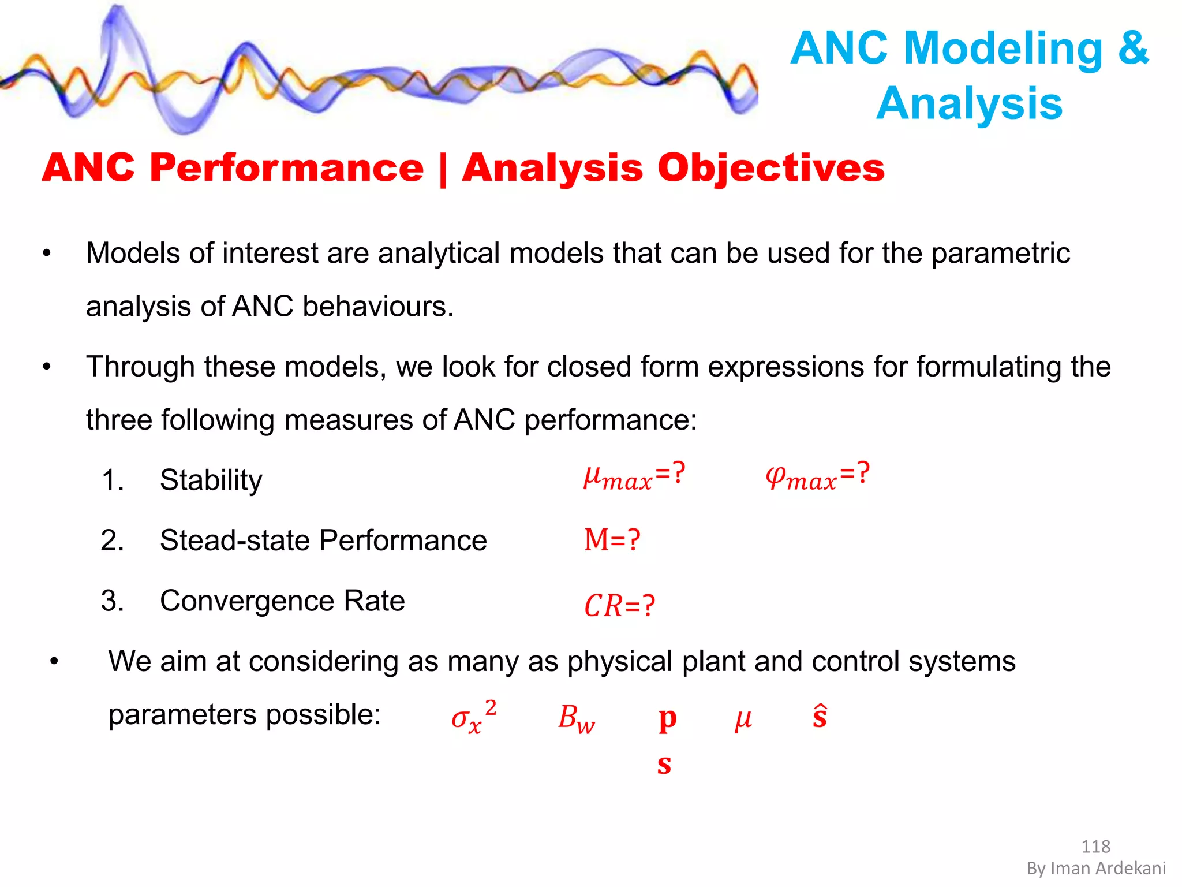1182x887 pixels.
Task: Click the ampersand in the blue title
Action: [1133, 49]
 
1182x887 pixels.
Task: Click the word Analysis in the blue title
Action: [970, 104]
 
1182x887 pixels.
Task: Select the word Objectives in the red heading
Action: [770, 168]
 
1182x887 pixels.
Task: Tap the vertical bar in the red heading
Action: [443, 169]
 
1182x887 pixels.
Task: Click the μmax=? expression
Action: [634, 477]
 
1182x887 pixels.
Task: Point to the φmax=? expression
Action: [817, 477]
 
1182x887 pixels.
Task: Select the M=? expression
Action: [612, 541]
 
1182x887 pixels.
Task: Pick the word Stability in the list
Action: [211, 480]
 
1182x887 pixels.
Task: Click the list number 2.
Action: [112, 541]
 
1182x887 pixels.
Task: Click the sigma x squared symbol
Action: [473, 717]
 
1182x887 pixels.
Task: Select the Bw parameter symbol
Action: [576, 719]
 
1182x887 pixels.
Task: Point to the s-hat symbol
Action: [820, 716]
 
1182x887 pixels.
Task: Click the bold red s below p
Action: [664, 764]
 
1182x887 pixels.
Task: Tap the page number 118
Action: [1095, 847]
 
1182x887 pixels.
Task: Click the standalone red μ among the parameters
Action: [743, 720]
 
